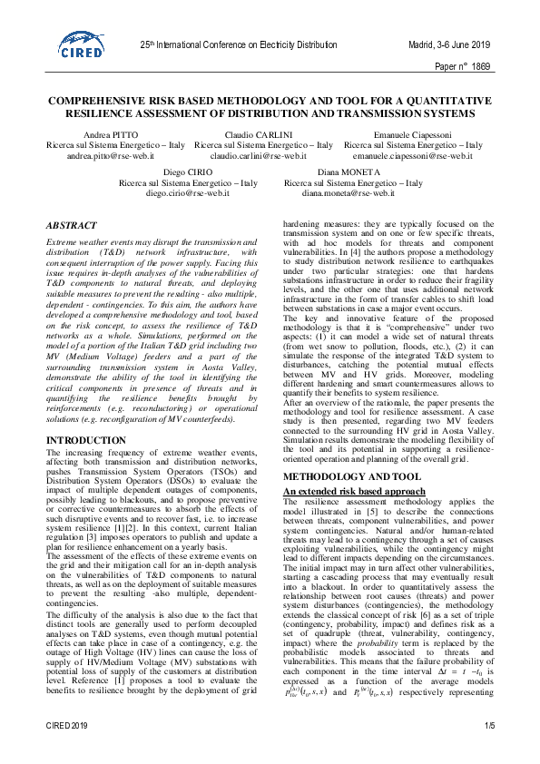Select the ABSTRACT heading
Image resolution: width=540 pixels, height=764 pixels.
(71, 224)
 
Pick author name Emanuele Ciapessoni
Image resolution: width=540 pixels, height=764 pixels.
(414, 134)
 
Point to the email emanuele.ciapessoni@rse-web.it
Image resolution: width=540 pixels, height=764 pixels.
(413, 156)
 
